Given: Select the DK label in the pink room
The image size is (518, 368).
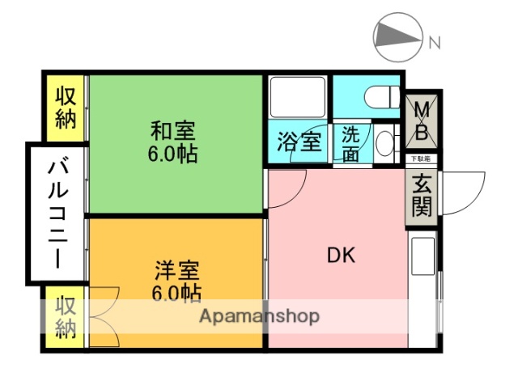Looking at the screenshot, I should coord(341,255).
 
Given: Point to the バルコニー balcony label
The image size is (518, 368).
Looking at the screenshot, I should coord(57,214).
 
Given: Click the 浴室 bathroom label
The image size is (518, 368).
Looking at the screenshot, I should coord(299,142).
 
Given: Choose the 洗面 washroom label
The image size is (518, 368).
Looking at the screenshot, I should coord(351,143).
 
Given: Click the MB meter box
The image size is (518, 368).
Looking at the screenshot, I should coord(422,119).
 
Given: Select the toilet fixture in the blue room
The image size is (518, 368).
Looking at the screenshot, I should coord(380,97).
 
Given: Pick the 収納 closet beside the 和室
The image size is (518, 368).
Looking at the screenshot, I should coord(66,107).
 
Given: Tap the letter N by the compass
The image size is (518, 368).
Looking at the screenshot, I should coord(435,42).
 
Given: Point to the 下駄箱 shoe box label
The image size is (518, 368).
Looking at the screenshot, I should coord(420,159).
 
